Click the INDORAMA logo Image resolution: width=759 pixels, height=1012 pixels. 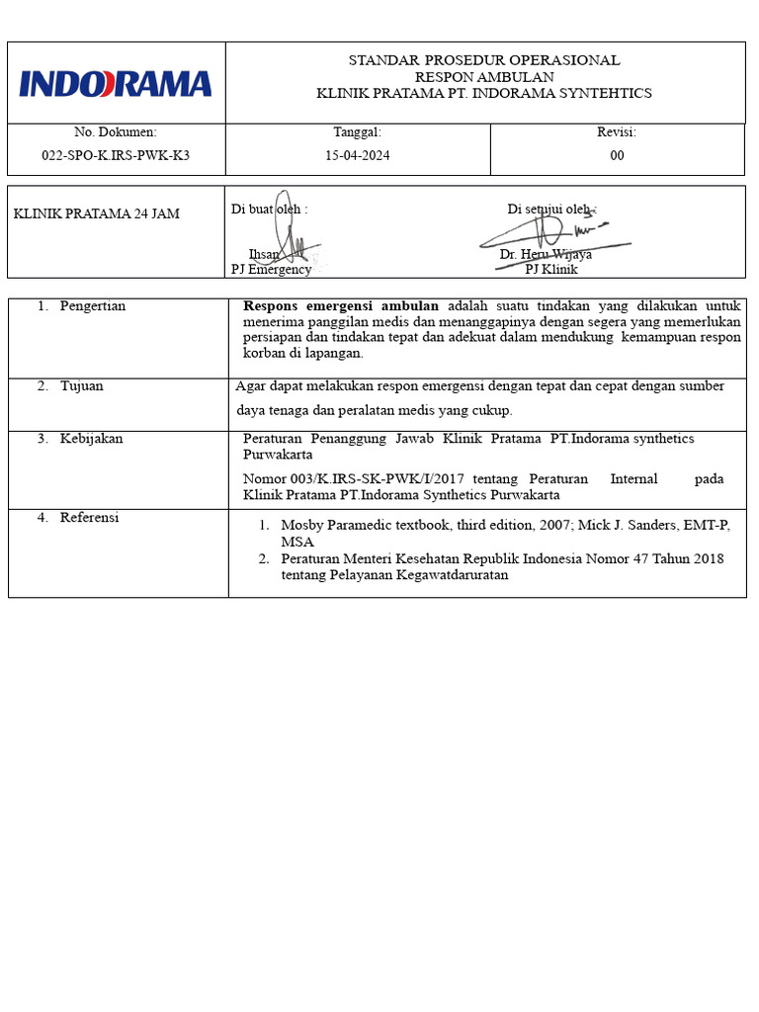pyautogui.click(x=116, y=83)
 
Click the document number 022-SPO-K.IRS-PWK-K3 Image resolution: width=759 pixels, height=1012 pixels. pyautogui.click(x=116, y=155)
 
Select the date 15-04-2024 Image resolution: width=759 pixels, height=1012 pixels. pyautogui.click(x=358, y=155)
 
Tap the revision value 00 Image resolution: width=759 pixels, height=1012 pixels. pyautogui.click(x=617, y=155)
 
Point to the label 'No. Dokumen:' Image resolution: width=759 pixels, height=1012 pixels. pyautogui.click(x=116, y=132)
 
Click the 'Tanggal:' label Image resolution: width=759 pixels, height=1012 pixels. pyautogui.click(x=358, y=132)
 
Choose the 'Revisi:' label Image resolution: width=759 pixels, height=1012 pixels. pyautogui.click(x=617, y=132)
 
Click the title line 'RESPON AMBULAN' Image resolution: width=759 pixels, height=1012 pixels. pyautogui.click(x=484, y=77)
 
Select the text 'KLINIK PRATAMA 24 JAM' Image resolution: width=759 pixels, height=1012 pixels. pyautogui.click(x=97, y=213)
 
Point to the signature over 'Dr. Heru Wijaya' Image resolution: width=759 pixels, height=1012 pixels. pyautogui.click(x=548, y=233)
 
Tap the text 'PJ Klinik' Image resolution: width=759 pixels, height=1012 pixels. pyautogui.click(x=551, y=269)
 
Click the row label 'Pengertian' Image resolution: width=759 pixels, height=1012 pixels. pyautogui.click(x=93, y=306)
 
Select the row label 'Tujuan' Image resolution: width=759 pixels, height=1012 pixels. pyautogui.click(x=82, y=386)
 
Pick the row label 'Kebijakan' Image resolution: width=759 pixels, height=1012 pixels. pyautogui.click(x=91, y=439)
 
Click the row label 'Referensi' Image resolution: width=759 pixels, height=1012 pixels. pyautogui.click(x=89, y=518)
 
